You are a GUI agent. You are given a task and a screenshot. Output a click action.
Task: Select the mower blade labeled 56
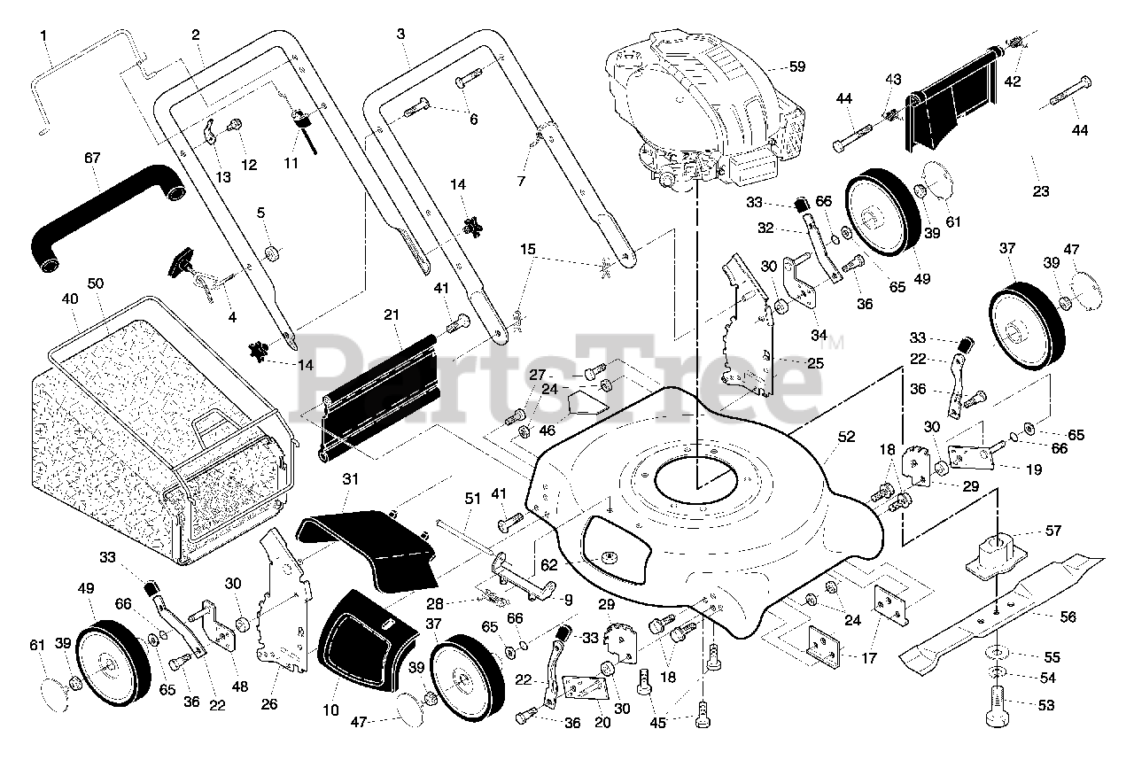(x=1001, y=607)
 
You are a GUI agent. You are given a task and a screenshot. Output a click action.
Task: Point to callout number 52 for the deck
(x=847, y=436)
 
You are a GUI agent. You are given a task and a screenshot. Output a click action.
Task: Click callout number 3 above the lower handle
(x=400, y=34)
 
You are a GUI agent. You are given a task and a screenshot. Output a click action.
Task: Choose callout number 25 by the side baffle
(x=815, y=363)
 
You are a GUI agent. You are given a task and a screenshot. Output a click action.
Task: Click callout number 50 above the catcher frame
(x=96, y=283)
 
